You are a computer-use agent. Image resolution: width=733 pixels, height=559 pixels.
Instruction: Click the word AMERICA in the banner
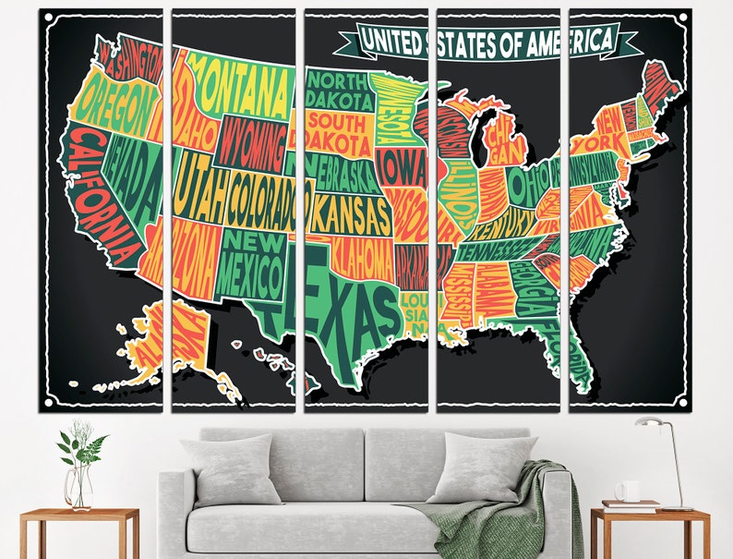(x=570, y=40)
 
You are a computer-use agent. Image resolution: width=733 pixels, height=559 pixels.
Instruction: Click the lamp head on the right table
(x=648, y=424)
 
